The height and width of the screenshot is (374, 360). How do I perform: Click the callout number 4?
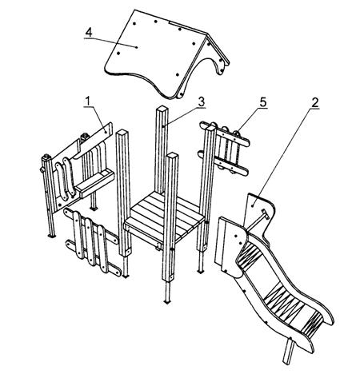[89, 33]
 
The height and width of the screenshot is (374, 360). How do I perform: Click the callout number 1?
[88, 101]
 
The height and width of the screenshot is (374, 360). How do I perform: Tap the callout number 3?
[202, 101]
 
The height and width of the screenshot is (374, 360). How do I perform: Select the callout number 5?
[263, 102]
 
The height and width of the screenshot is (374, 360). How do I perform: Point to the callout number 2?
[315, 102]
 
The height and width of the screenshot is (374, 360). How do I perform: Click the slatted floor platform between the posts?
[162, 216]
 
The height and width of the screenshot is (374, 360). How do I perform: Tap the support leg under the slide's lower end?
[289, 351]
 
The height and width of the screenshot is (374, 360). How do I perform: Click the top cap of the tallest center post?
[162, 109]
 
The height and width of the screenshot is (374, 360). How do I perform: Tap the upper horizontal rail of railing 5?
[225, 133]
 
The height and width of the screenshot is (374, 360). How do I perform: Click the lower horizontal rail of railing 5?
[223, 163]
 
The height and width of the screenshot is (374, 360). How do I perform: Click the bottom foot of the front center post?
[167, 302]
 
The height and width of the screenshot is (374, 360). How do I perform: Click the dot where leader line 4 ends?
[137, 47]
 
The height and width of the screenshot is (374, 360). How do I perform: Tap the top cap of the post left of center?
[123, 132]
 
